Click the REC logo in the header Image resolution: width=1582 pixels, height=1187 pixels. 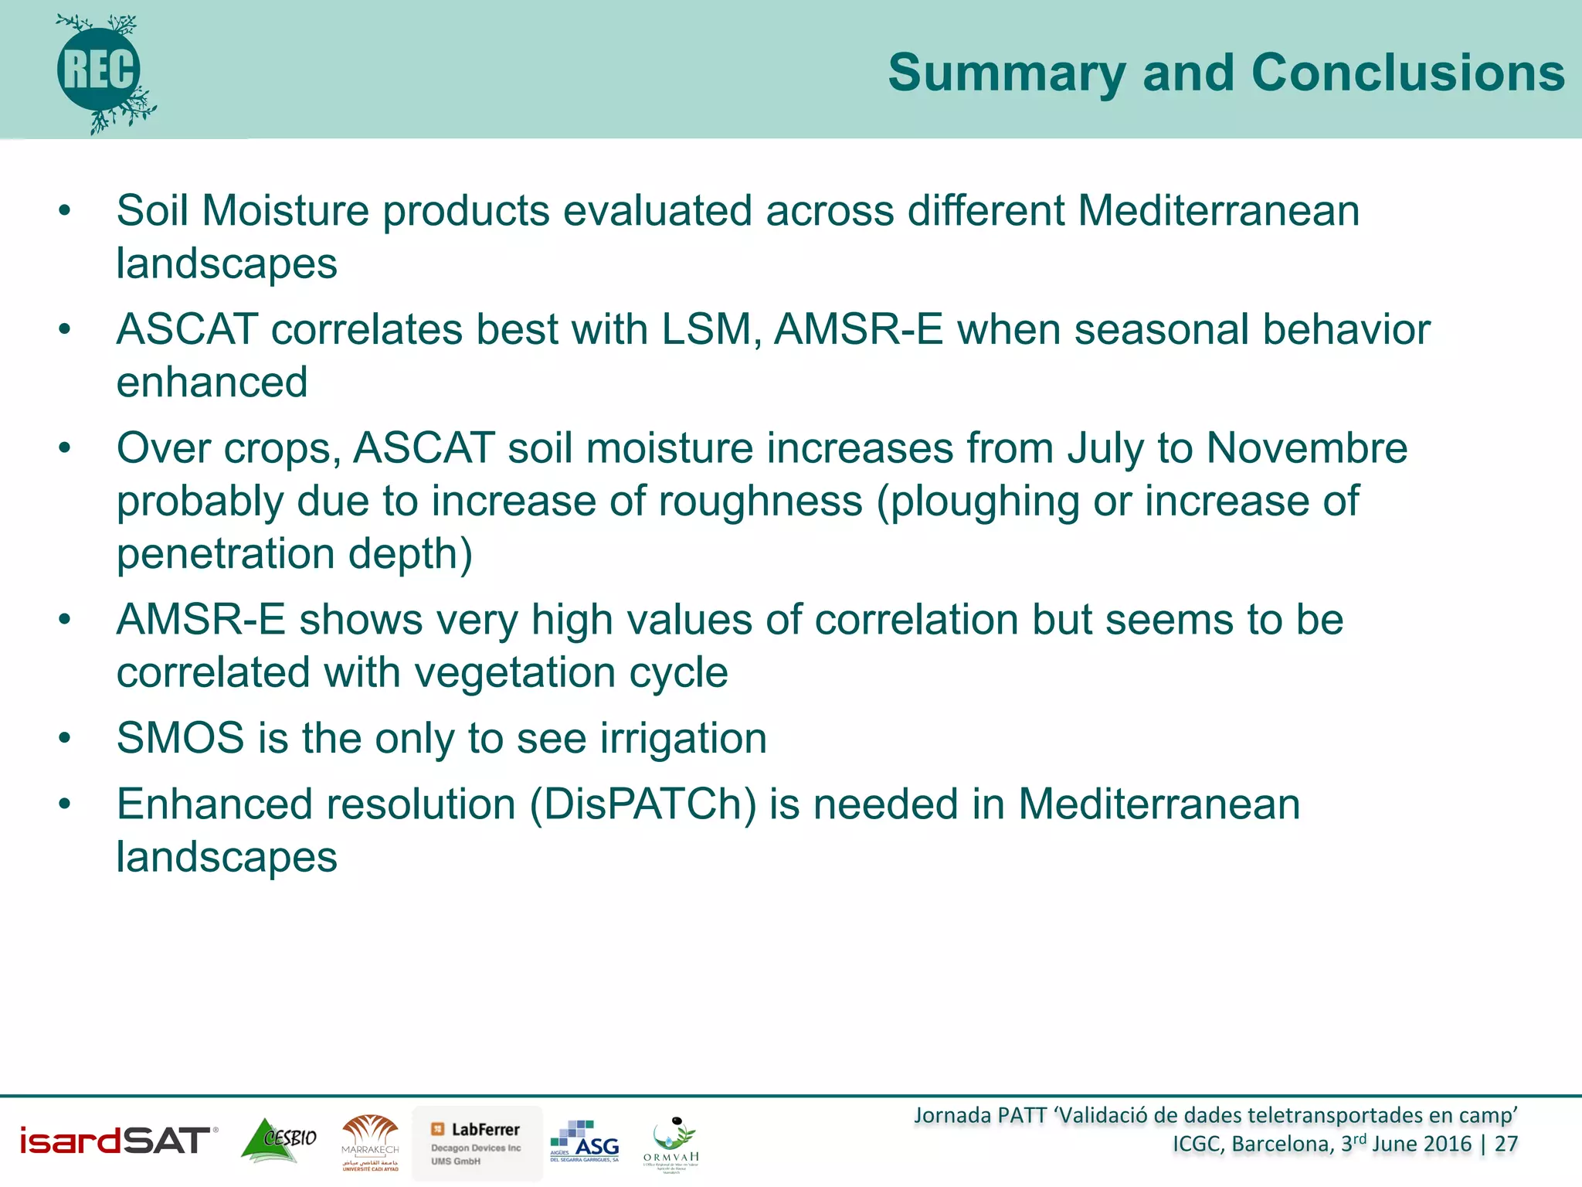[x=100, y=71]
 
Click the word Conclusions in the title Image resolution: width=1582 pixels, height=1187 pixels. [x=1407, y=73]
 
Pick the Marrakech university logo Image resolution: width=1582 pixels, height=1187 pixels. [x=371, y=1142]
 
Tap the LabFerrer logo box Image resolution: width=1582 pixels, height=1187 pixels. [x=477, y=1143]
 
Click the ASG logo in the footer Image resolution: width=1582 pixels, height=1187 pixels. [x=585, y=1141]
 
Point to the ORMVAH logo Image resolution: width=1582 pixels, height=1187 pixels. [x=671, y=1144]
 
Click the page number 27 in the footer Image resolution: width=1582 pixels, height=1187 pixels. [x=1506, y=1144]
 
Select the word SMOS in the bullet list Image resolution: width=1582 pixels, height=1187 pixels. [x=180, y=738]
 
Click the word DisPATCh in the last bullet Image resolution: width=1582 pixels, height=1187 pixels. [x=643, y=804]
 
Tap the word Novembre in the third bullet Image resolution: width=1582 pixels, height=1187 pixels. [x=1306, y=448]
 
